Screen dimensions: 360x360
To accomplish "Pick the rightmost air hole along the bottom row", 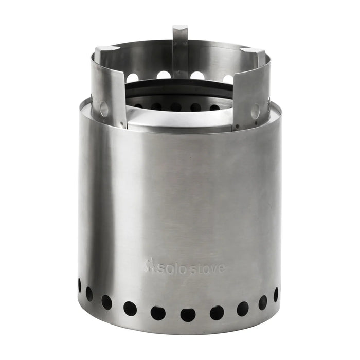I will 276,295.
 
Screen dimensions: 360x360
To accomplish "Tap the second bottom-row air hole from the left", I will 89,294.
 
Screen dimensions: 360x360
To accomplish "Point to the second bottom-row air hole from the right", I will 263,302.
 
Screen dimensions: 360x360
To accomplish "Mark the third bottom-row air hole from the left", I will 106,302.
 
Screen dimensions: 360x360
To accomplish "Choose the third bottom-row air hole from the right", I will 242,309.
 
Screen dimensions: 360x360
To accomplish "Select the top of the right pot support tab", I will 253,52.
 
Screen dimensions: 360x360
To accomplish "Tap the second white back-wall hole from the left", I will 164,75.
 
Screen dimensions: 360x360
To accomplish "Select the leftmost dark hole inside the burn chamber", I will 138,105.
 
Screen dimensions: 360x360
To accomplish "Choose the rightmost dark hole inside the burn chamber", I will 214,107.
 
